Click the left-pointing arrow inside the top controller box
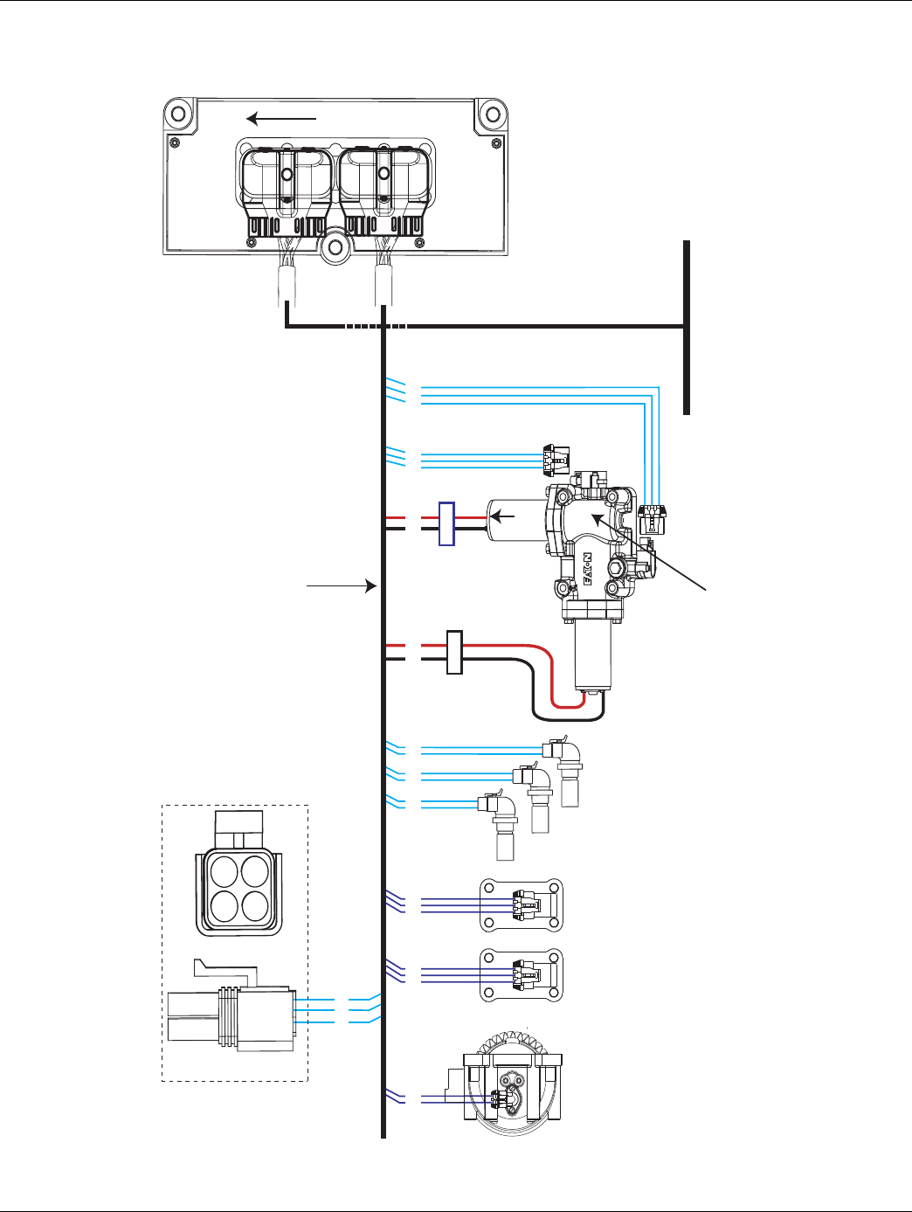pos(280,118)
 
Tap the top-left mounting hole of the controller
pos(178,114)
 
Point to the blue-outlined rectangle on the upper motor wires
pos(446,523)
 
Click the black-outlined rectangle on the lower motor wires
pos(453,652)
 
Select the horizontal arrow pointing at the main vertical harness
pos(341,586)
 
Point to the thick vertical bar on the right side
pos(687,327)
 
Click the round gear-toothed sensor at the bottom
pos(511,1088)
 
